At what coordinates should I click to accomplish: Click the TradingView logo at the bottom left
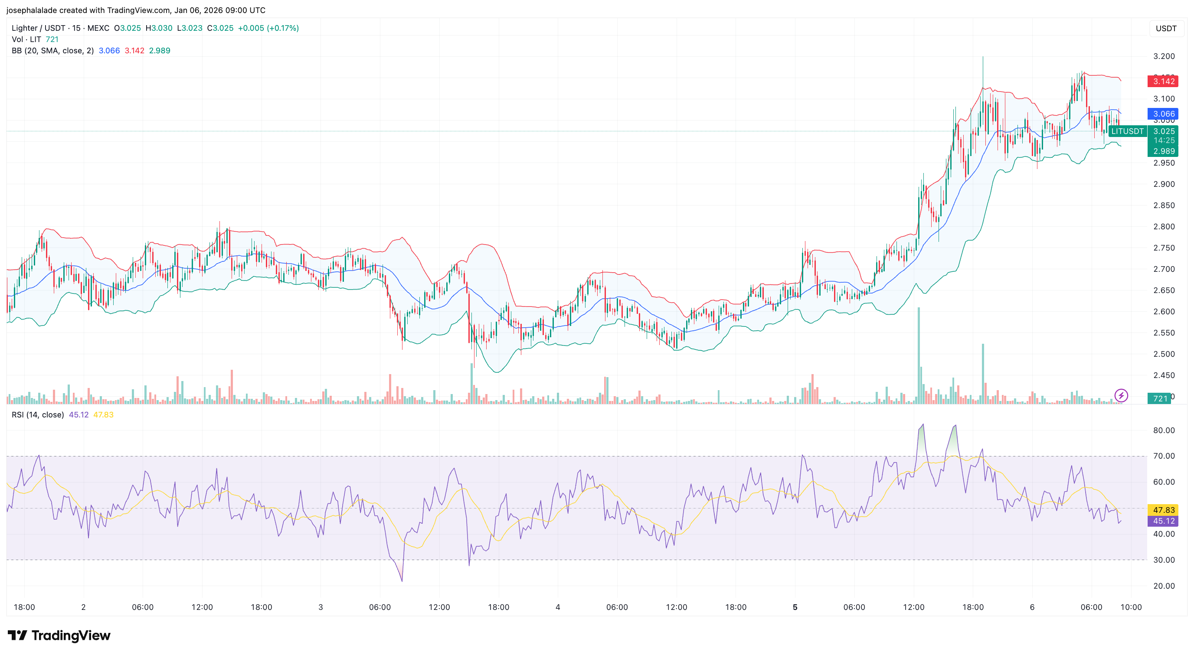tap(59, 635)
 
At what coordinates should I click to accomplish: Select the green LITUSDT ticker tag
tap(1127, 131)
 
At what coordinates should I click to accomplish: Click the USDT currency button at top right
tap(1166, 29)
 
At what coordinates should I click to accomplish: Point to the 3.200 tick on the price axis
tap(1164, 56)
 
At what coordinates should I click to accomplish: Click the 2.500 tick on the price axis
tap(1164, 354)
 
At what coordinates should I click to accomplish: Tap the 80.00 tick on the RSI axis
tap(1164, 430)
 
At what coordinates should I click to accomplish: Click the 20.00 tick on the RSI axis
tap(1164, 586)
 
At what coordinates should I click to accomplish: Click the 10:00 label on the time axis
tap(1131, 607)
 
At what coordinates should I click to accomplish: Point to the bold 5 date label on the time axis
tap(795, 607)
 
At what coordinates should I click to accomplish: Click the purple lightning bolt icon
tap(1121, 396)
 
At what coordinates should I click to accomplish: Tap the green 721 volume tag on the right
tap(1160, 399)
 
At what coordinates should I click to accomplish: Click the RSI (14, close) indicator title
tap(38, 415)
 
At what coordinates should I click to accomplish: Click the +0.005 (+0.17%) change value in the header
tap(268, 28)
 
